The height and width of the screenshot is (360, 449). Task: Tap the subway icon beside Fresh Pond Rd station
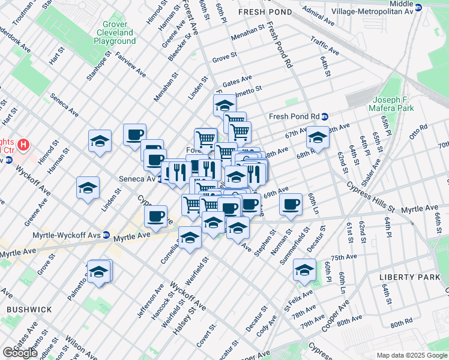point(325,116)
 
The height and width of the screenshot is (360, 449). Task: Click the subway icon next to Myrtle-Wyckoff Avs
point(106,235)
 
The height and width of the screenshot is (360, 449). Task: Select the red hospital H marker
point(23,145)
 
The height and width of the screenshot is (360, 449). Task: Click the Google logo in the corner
point(20,353)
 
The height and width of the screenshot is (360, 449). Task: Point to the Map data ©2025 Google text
point(412,355)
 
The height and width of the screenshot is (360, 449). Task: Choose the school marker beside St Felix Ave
point(304,271)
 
